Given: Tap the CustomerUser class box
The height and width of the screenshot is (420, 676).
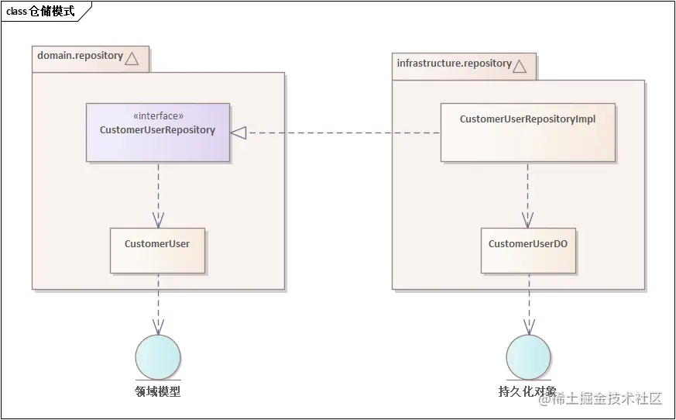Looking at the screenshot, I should point(157,250).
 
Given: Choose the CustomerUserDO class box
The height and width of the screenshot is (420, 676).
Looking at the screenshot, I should point(528,250).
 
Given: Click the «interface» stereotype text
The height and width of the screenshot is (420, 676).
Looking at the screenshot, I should point(158,116).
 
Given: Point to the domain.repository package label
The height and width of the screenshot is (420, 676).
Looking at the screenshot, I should point(80,56).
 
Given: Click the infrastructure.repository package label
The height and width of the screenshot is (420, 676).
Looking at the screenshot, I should point(454,64).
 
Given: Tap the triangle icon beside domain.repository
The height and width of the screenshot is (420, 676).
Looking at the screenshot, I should point(132,58).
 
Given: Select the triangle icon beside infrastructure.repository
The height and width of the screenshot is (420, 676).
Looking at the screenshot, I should point(519,66).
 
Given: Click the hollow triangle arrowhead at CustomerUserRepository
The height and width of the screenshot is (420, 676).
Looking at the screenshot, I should point(238,133).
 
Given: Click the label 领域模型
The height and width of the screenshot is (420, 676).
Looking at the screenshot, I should point(158,392).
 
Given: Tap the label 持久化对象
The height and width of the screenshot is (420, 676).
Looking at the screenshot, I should point(527,392).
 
